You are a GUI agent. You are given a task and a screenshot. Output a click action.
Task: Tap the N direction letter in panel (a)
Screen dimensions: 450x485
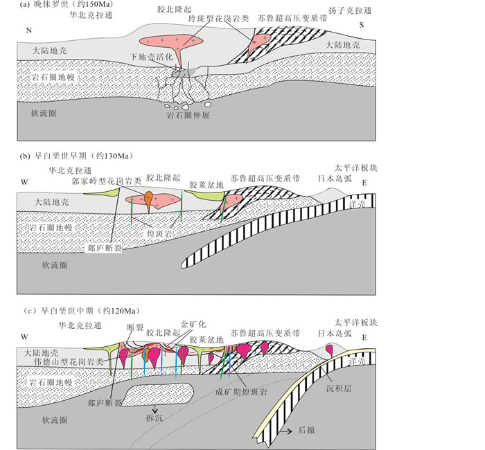28,30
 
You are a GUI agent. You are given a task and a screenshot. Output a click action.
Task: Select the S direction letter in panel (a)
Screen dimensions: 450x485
362,26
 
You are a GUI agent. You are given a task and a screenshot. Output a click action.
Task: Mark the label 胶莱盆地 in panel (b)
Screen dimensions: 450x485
206,185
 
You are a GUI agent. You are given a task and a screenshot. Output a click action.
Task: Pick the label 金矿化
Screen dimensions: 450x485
193,323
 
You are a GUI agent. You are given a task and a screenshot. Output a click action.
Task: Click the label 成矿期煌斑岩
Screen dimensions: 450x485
241,390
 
